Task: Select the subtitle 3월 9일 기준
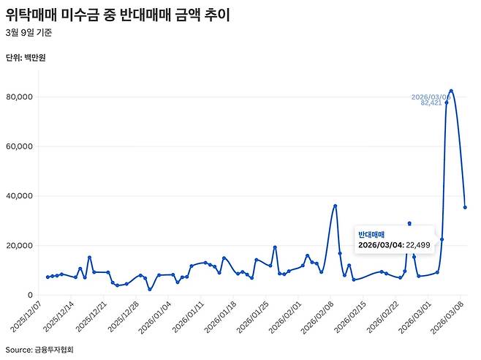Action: [x=29, y=33]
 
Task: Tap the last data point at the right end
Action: [x=466, y=207]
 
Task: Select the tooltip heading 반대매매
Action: [x=371, y=233]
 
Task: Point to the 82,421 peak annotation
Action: [x=431, y=103]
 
